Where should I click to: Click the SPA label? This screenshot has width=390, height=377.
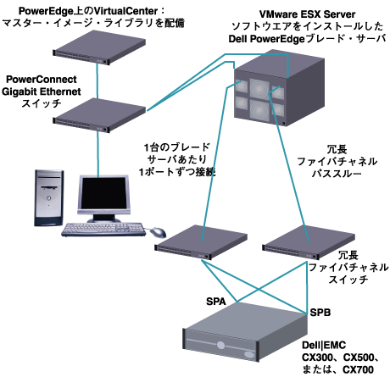[x=219, y=301]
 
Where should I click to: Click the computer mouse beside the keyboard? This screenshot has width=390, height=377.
[x=159, y=230]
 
